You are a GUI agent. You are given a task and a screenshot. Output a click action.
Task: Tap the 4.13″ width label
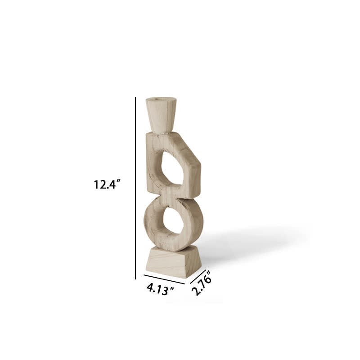[x=160, y=288]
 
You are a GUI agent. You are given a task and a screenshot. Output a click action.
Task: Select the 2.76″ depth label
[x=201, y=285]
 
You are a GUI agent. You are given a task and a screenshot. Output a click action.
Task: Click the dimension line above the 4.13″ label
[x=164, y=279]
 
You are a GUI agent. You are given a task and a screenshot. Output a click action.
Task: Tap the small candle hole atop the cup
[x=158, y=99]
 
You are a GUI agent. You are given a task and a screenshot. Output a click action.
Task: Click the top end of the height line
[x=135, y=99]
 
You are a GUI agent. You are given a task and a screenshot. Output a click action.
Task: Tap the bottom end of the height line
[x=135, y=279]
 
